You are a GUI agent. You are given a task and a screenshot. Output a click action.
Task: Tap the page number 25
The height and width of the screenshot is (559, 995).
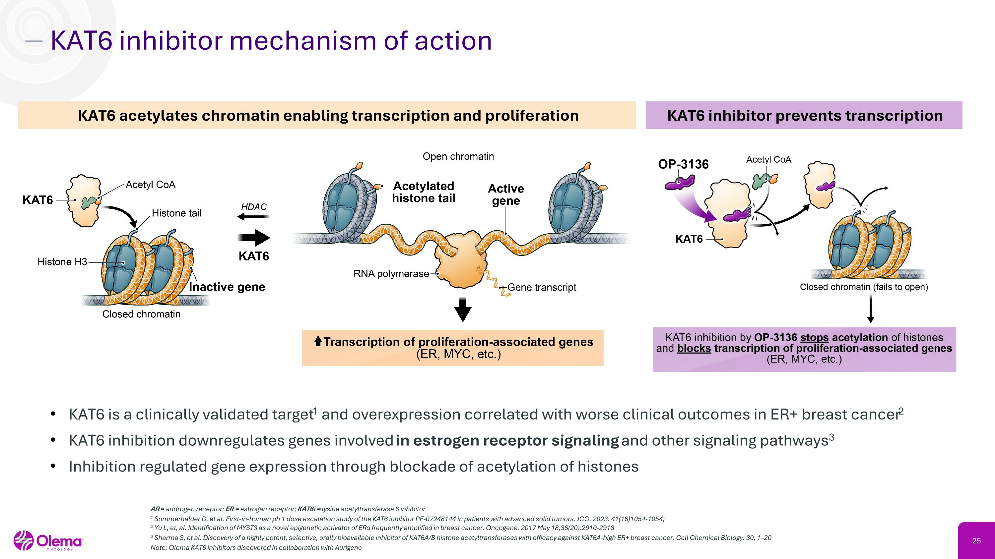[976, 541]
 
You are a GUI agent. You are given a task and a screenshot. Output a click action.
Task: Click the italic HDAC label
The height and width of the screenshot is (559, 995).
[254, 207]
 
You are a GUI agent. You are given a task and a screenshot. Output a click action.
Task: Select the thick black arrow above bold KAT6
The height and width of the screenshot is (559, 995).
[254, 237]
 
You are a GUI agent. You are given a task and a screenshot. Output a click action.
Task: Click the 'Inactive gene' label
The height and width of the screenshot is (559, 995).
[227, 287]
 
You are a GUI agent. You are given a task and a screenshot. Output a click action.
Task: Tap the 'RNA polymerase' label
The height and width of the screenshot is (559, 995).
[391, 274]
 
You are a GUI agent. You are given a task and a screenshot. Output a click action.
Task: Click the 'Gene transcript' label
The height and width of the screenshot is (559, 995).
[542, 287]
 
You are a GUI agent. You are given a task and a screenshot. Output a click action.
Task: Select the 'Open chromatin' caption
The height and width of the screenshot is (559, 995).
[458, 157]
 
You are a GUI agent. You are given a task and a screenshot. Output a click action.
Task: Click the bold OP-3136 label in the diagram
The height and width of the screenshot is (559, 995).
[683, 164]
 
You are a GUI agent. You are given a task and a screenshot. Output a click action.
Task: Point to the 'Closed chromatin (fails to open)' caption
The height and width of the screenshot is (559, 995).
[864, 287]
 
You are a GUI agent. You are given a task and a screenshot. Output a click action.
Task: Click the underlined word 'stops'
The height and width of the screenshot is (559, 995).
[814, 338]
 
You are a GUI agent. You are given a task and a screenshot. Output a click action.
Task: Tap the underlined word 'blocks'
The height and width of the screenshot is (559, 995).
[694, 348]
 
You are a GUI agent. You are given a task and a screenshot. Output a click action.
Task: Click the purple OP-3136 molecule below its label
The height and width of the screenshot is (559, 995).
[680, 183]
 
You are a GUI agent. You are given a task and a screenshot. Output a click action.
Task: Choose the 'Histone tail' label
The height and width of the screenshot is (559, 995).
[176, 213]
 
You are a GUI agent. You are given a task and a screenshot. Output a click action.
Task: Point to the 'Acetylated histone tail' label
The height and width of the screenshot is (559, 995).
[424, 192]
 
